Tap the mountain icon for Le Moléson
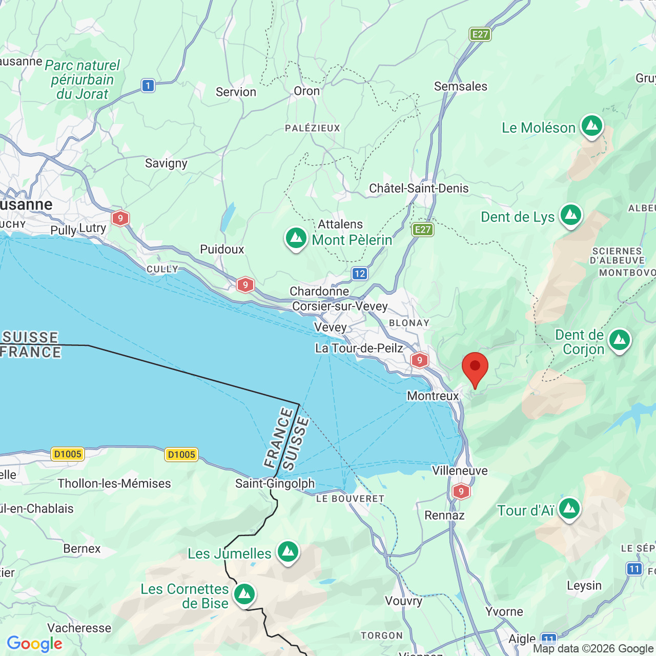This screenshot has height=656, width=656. click(592, 126)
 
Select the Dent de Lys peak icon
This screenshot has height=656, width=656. click(570, 215)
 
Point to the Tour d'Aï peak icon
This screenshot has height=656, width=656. click(569, 509)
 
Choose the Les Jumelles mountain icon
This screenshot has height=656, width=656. click(288, 552)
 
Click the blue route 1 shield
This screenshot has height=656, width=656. click(148, 86)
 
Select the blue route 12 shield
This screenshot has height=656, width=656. click(360, 274)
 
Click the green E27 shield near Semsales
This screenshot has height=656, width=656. click(480, 34)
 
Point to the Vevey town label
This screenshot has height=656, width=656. click(331, 327)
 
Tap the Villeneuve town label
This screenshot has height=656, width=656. click(460, 470)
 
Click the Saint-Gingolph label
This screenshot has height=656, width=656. click(275, 483)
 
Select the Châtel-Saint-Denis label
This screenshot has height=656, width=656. click(419, 188)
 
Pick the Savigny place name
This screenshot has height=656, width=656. click(166, 163)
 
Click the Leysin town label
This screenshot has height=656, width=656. click(584, 585)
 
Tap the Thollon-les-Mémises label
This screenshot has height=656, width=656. click(114, 483)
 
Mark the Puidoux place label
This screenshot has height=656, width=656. click(222, 249)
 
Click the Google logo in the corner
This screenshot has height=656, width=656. click(34, 644)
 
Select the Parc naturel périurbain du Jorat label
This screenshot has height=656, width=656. click(82, 80)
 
